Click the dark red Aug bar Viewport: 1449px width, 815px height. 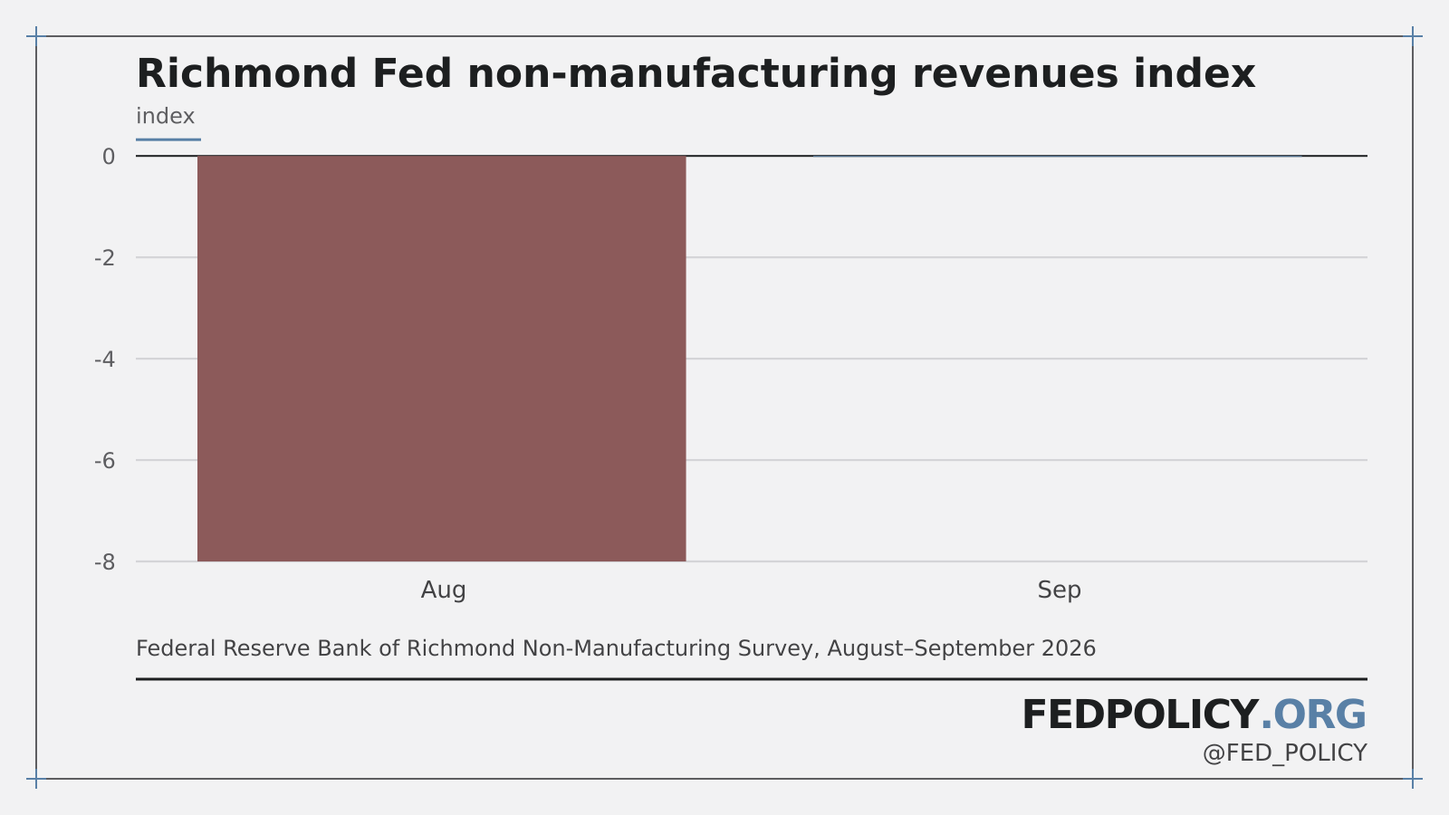(x=441, y=359)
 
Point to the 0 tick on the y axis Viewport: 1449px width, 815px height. (x=109, y=157)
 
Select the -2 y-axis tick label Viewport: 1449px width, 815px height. (x=105, y=258)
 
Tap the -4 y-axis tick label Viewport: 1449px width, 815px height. (x=105, y=359)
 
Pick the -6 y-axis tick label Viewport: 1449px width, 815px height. (x=105, y=461)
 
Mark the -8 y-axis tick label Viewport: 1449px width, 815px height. (x=105, y=562)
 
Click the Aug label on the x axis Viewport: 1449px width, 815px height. (x=443, y=590)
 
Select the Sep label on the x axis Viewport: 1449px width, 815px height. (x=1059, y=590)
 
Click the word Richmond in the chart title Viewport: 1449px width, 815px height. (x=246, y=73)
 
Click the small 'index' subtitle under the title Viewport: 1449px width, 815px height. (x=165, y=117)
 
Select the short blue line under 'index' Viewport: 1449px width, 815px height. (x=168, y=139)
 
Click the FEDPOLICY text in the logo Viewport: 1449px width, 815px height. (x=1140, y=715)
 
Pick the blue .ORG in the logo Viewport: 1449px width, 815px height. (x=1314, y=715)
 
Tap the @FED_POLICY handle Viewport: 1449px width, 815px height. (x=1285, y=753)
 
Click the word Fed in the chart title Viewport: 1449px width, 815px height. (x=412, y=73)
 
